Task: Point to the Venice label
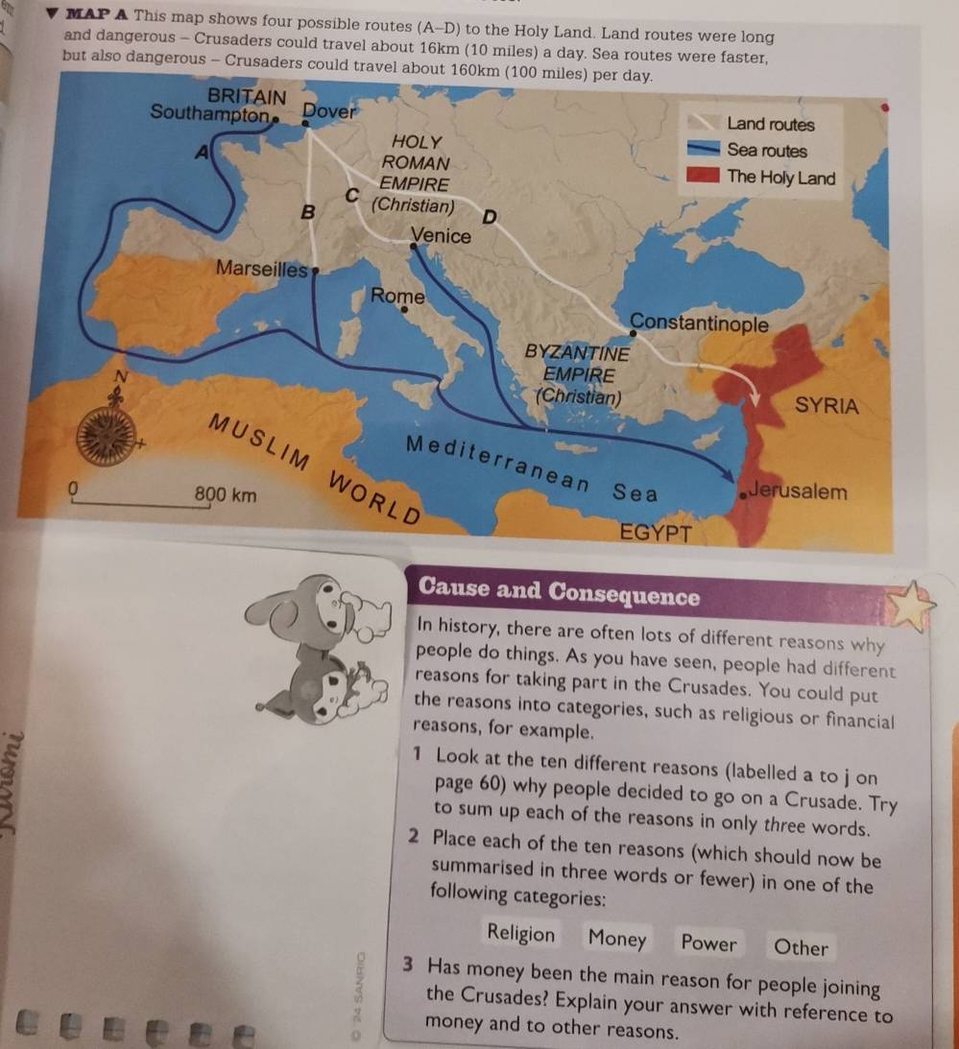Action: (x=441, y=236)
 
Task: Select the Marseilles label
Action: (x=261, y=268)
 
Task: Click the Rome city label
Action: (x=397, y=296)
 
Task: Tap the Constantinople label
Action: (x=699, y=322)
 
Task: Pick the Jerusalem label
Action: (x=798, y=491)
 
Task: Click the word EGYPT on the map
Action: (x=656, y=533)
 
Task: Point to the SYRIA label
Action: (x=827, y=404)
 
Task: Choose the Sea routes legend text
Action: (x=767, y=151)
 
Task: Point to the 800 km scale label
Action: (x=226, y=495)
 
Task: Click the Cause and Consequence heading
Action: (x=560, y=595)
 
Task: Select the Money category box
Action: (x=617, y=938)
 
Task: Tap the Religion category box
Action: (x=520, y=933)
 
